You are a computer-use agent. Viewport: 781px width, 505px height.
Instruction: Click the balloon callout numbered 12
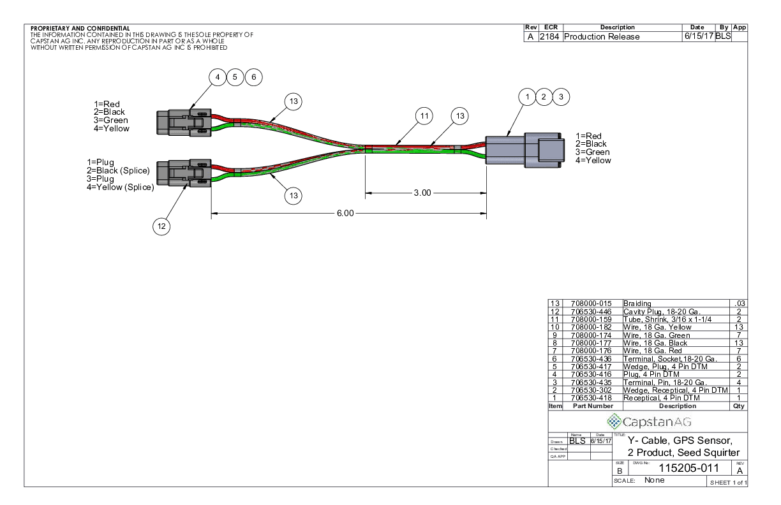161,226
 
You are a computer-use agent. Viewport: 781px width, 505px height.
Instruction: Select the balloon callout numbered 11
424,116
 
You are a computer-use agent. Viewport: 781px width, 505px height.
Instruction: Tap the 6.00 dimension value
345,213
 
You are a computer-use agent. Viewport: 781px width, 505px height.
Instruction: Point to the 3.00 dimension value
422,193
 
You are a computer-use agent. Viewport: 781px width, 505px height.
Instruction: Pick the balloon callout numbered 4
218,77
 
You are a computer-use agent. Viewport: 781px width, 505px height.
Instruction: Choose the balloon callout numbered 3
561,97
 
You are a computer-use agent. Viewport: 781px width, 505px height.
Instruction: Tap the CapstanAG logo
648,421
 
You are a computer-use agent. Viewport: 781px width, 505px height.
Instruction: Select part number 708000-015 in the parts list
587,304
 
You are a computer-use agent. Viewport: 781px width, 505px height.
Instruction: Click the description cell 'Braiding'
638,304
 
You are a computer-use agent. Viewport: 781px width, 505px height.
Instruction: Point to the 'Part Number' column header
593,406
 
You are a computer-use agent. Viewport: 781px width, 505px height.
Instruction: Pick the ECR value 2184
549,36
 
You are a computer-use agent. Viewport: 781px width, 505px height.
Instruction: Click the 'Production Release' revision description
602,36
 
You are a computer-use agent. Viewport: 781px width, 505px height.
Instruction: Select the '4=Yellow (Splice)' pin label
121,187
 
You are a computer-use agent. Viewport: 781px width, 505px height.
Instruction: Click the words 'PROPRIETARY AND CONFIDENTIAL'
80,29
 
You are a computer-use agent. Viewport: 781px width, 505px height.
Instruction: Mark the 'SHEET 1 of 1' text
728,482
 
